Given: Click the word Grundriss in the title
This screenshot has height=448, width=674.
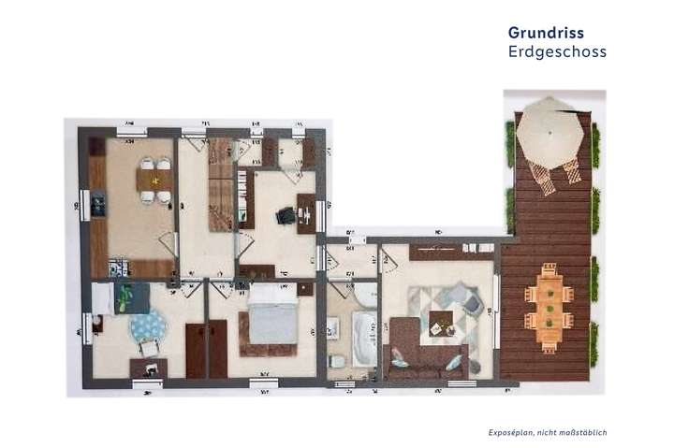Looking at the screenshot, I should click(x=546, y=33).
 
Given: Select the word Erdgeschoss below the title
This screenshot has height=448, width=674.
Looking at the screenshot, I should click(x=557, y=52).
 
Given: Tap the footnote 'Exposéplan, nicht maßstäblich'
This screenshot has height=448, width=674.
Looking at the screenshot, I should click(x=548, y=432).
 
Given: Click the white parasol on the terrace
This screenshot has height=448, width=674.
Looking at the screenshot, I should click(x=549, y=131).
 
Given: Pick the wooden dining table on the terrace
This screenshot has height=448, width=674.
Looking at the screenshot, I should click(x=549, y=307).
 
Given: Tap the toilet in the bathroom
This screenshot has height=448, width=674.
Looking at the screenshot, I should click(x=337, y=361).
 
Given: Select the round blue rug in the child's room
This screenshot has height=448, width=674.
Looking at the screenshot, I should click(x=148, y=327).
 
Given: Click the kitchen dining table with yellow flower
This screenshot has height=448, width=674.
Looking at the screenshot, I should click(x=155, y=179).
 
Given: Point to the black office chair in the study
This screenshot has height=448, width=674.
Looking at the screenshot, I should click(x=285, y=216).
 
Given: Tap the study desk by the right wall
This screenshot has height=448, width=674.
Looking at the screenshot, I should click(x=306, y=213).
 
